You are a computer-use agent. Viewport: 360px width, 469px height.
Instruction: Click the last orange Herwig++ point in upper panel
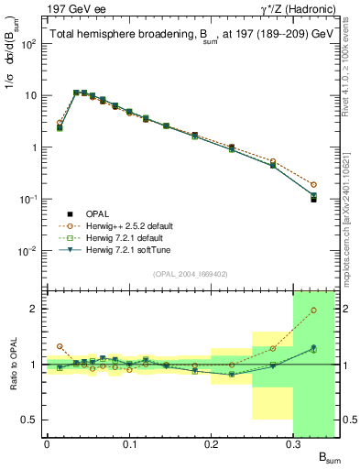[313, 184]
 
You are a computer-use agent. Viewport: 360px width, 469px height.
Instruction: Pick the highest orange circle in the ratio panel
[313, 310]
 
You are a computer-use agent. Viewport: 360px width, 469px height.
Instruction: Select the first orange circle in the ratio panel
[60, 346]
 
